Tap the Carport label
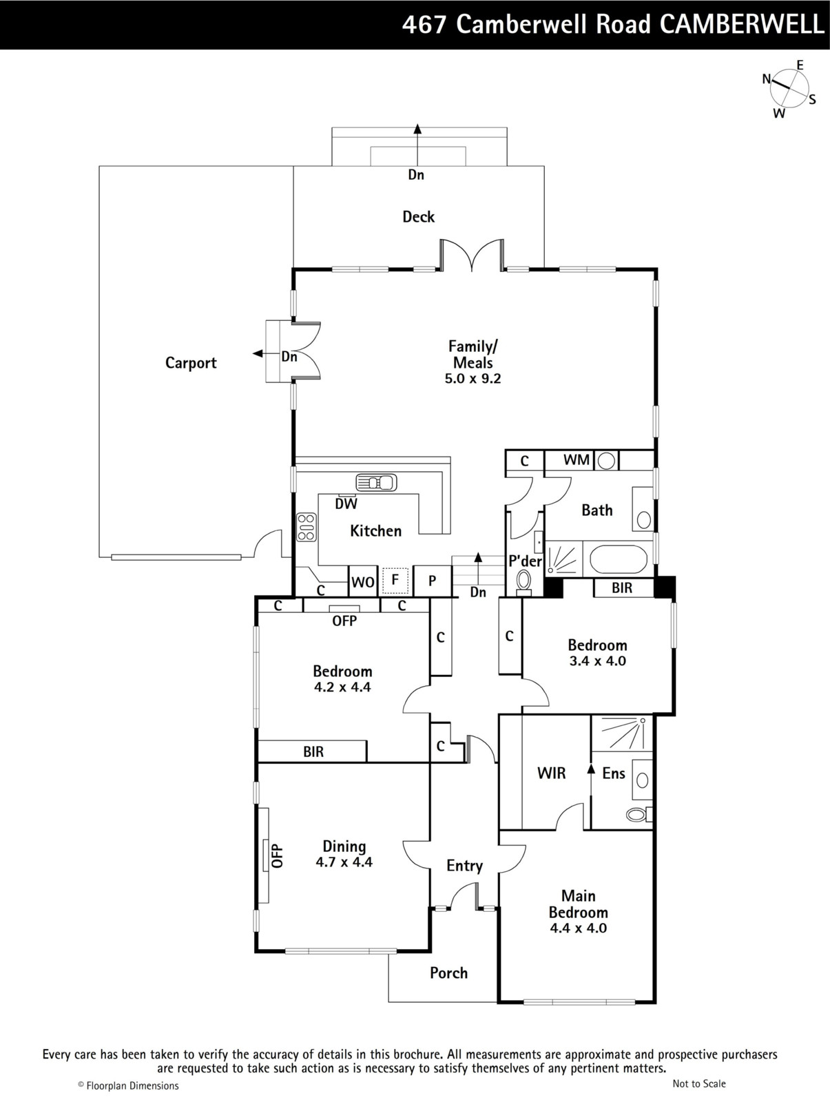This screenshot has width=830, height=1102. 191,363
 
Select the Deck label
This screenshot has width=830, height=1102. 418,217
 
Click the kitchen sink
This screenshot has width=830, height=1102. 376,483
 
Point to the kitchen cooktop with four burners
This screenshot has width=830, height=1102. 307,527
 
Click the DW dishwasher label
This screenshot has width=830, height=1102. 346,504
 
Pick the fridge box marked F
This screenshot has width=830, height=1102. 395,581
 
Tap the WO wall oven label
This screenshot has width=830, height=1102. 362,583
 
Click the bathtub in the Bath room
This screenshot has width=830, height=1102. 618,559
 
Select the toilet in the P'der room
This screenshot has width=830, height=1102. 523,583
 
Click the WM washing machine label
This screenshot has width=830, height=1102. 576,459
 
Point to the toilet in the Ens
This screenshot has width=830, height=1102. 639,814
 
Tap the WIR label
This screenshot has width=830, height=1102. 551,773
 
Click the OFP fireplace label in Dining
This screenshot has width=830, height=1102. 278,856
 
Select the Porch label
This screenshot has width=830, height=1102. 449,973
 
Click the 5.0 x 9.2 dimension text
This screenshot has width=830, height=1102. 473,379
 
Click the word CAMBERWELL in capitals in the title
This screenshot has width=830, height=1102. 742,24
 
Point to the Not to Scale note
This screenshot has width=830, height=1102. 699,1084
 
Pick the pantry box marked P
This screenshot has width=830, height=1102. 433,581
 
